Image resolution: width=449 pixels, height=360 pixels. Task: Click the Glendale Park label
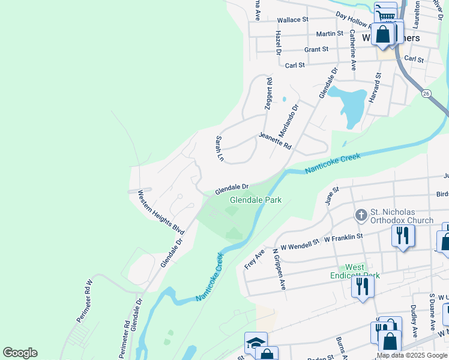[256, 200]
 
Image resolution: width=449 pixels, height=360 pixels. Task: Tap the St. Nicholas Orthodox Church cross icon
[361, 215]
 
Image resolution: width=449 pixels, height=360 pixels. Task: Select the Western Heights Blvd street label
[161, 212]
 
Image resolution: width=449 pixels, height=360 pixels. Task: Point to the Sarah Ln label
[219, 149]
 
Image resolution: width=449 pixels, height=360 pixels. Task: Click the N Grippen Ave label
[279, 269]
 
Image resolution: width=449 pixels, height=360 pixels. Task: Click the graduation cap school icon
[255, 342]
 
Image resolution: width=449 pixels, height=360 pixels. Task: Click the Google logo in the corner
[20, 353]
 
